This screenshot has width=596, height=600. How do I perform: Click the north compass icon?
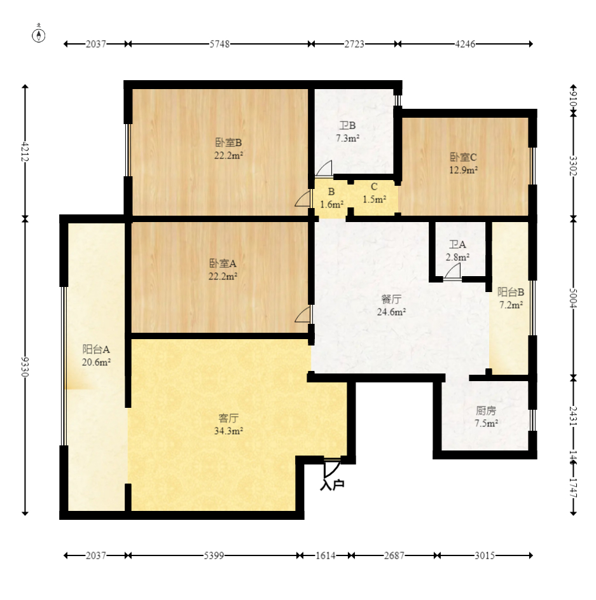(x=38, y=34)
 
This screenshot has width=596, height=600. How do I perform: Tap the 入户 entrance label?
(x=332, y=485)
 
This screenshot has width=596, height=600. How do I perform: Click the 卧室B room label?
(x=228, y=143)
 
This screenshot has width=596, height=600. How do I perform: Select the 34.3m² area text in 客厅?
(x=229, y=431)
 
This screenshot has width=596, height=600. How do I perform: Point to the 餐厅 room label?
(x=391, y=299)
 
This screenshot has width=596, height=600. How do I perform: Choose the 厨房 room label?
(x=486, y=410)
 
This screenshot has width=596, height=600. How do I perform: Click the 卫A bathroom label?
(x=457, y=244)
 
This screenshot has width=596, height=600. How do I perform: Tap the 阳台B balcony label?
(x=511, y=292)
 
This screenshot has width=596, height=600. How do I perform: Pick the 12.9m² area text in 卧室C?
(x=463, y=170)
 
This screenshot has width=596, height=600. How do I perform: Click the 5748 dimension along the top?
(x=219, y=44)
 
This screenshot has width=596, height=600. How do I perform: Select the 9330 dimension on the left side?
(x=25, y=366)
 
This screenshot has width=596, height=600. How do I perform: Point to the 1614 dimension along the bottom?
(x=326, y=555)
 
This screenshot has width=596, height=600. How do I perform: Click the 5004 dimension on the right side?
(x=573, y=298)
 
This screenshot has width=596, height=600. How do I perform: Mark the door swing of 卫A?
(x=452, y=272)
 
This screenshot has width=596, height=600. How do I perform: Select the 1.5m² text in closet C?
(x=374, y=199)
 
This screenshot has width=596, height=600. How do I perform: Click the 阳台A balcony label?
(x=96, y=349)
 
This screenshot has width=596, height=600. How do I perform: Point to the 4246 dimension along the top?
(x=465, y=44)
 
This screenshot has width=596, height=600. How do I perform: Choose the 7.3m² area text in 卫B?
(x=348, y=138)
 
